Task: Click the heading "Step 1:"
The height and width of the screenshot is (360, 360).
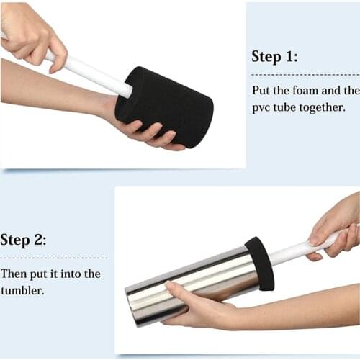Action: pos(274,57)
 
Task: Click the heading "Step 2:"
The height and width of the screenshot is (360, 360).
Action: pos(24,240)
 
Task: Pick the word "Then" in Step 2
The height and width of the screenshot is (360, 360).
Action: pos(14,274)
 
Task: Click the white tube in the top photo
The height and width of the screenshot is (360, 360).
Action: pos(86,71)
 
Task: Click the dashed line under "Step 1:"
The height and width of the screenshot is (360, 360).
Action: pos(305,74)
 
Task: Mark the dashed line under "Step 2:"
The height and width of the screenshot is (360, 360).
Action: pos(54,257)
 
